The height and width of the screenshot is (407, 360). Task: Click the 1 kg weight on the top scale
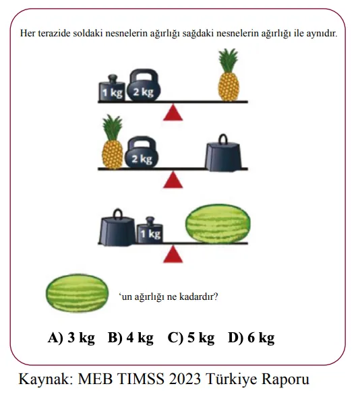112,88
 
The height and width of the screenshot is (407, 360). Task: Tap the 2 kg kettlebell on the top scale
144,85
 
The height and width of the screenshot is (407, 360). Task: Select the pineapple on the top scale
229,75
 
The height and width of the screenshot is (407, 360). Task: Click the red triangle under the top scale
173,113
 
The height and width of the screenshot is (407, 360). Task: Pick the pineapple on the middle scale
112,142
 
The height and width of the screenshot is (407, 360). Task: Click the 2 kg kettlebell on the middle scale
142,152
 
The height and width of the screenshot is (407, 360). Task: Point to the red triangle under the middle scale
173,180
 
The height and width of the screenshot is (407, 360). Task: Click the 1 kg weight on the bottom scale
150,230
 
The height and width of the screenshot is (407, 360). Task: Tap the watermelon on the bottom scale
218,224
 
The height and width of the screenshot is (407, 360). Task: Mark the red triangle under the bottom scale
173,255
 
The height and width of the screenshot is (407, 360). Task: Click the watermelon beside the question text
77,293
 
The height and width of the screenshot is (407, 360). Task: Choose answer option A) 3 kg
71,338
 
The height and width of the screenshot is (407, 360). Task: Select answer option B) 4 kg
130,338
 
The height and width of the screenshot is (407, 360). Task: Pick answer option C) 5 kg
191,338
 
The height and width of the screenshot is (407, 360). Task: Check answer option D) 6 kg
251,338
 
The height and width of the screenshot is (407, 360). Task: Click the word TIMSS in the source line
140,379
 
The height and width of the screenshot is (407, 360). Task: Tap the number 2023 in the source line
185,379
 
